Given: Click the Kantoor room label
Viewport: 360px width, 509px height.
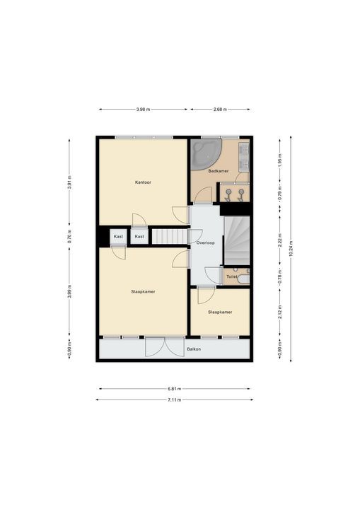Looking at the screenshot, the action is [x=143, y=182].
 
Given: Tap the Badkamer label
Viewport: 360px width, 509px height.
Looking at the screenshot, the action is [x=219, y=171].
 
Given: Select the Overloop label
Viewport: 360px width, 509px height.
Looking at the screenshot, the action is [x=205, y=242].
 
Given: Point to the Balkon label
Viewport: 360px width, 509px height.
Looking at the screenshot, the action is [x=194, y=349].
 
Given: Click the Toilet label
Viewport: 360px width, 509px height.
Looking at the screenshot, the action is [x=232, y=277].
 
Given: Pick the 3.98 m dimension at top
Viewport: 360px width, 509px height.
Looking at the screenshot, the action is [x=143, y=110].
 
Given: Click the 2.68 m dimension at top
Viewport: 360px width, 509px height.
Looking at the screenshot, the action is [x=220, y=110].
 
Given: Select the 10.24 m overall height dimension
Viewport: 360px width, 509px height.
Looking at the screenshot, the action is [x=291, y=249].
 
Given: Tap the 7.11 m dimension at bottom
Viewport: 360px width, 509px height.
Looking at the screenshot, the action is [x=175, y=400].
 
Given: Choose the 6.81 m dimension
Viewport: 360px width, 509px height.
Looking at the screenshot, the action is [x=175, y=389].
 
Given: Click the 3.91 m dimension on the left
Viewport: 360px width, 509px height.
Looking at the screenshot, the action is [x=69, y=182].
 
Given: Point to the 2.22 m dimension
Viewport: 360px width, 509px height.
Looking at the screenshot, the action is [x=280, y=240].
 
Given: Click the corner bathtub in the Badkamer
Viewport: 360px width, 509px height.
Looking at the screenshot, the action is [x=205, y=154].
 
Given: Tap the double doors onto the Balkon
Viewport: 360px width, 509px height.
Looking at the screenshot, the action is [x=165, y=346].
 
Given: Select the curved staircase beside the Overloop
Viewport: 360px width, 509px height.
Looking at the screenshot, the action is [x=236, y=240].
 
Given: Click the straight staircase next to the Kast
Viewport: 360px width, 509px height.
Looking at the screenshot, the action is [x=170, y=236].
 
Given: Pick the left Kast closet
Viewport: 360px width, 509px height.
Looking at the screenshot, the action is [x=118, y=237].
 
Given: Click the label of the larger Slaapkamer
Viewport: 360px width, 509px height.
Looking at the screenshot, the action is [x=143, y=291].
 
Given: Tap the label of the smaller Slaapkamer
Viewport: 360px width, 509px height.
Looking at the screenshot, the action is [x=220, y=312].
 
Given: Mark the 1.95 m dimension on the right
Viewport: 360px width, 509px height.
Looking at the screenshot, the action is [x=280, y=159].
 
